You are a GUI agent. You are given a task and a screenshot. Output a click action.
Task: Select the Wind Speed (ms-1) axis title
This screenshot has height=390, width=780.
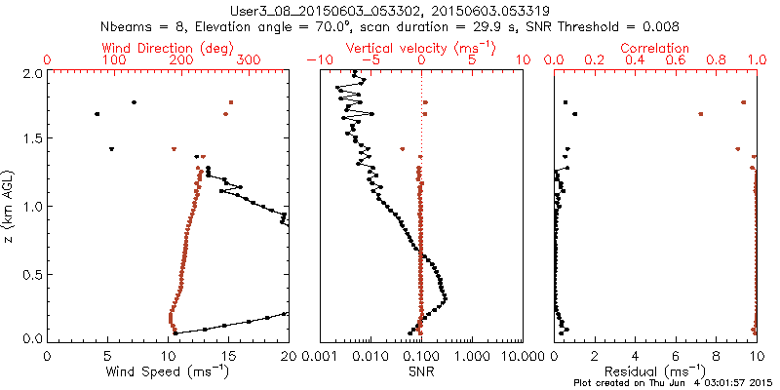[169, 371]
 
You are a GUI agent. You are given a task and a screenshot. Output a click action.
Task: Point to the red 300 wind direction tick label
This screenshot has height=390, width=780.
[250, 60]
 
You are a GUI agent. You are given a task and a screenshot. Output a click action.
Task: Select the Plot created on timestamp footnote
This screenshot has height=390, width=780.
[673, 383]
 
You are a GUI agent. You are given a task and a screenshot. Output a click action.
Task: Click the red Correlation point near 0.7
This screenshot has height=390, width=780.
[701, 114]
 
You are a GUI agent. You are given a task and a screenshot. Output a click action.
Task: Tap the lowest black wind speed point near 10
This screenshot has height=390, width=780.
[175, 333]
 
